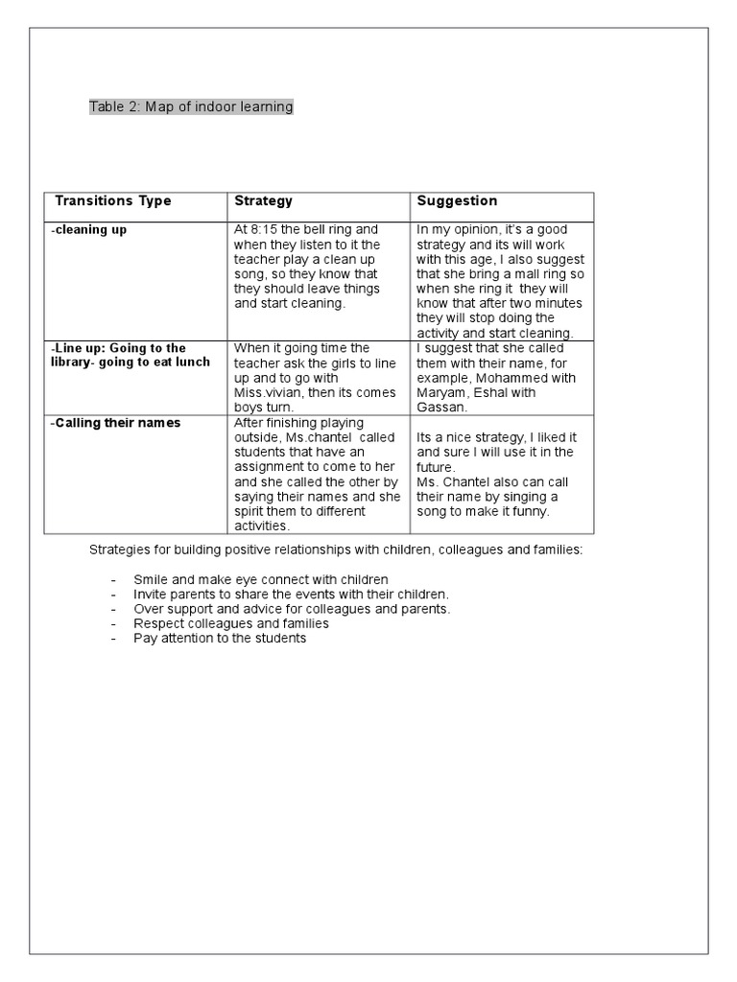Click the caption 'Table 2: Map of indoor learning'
pos(191,106)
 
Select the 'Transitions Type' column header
pos(113,201)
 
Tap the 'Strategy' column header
pos(264,201)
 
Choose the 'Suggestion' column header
pos(457,201)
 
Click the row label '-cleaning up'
pos(88,230)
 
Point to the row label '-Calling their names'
pos(115,423)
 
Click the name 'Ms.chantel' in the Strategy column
pos(320,437)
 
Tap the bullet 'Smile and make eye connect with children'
pos(261,580)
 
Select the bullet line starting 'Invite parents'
pos(291,595)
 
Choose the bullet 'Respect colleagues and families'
pos(231,623)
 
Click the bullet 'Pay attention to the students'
pos(220,638)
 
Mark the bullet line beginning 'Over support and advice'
pos(292,609)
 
